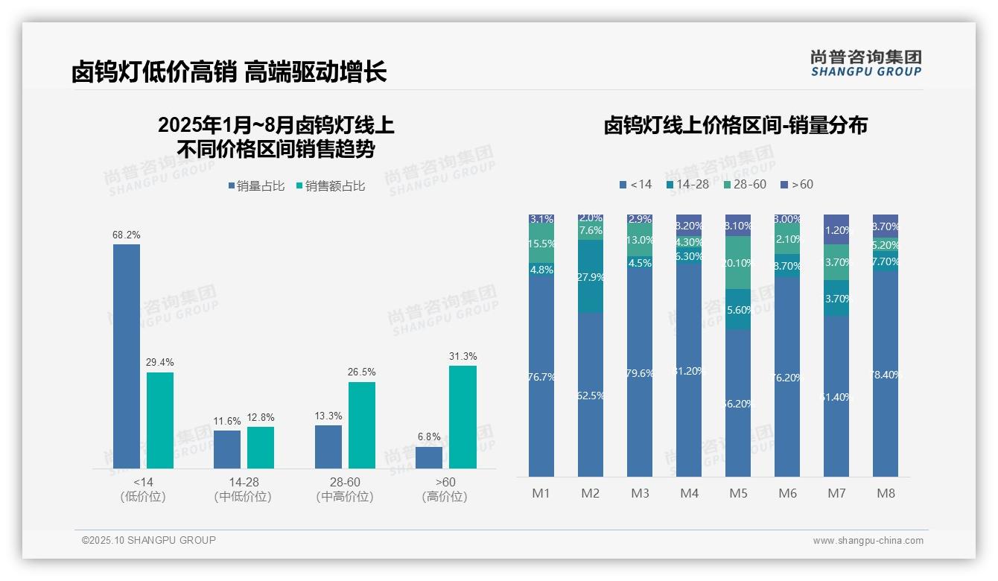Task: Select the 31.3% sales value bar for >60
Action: click(463, 417)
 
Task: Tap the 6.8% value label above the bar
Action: click(429, 437)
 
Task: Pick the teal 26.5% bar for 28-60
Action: click(362, 425)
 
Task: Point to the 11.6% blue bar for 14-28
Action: click(227, 449)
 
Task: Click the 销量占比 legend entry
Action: click(256, 186)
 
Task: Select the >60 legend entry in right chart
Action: click(796, 184)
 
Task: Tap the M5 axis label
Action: click(738, 493)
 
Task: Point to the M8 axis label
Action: click(886, 493)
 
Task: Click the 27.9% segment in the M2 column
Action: click(591, 276)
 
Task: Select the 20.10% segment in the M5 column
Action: click(738, 263)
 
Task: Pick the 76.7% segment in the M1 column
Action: click(541, 377)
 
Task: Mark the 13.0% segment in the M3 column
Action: click(640, 240)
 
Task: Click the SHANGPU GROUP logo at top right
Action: click(865, 63)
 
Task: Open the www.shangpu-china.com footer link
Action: click(868, 541)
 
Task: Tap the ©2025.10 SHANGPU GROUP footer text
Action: click(149, 540)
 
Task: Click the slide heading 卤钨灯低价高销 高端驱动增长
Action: click(229, 72)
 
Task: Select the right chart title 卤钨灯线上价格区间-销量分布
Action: click(735, 125)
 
